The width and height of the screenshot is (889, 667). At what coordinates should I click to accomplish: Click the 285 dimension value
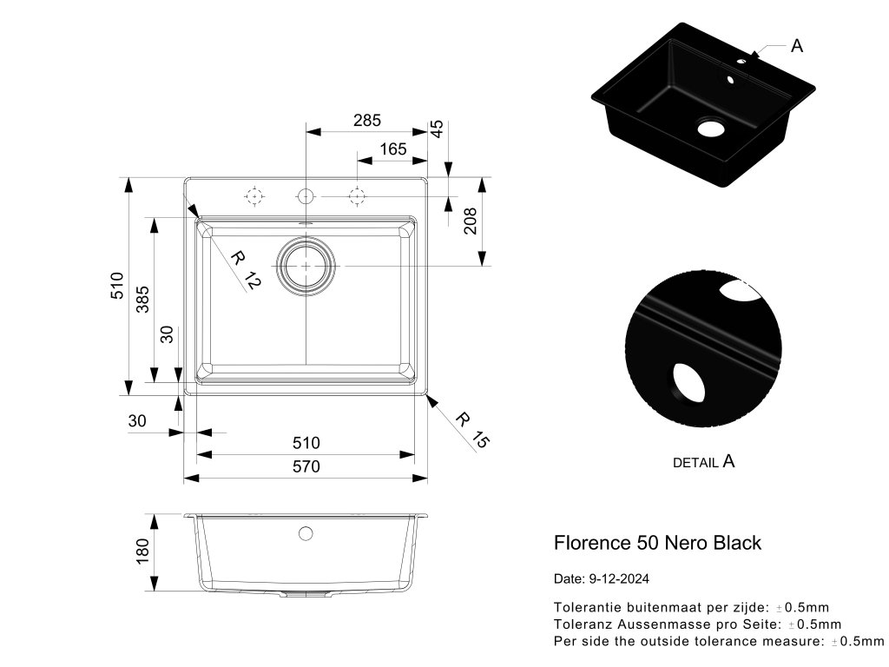point(367,120)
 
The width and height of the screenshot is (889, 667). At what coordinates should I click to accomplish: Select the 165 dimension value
point(392,149)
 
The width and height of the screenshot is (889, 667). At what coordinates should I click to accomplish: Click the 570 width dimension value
point(306,466)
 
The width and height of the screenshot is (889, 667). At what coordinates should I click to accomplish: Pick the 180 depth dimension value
point(143,549)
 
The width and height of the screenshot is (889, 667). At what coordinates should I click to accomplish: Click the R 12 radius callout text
point(245,269)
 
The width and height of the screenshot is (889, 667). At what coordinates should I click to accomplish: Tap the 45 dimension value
point(438,129)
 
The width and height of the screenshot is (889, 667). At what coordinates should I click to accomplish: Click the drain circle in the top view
point(306,264)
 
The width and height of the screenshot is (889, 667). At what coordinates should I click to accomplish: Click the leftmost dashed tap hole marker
point(254,197)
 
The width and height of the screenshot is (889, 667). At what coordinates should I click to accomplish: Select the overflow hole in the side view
point(306,532)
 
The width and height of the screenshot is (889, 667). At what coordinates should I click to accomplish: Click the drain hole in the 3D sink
point(710,129)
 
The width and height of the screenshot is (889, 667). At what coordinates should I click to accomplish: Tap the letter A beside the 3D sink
point(797,46)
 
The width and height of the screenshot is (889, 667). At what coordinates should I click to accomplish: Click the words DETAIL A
point(704,462)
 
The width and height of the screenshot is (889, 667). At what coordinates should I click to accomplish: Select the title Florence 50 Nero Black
point(657,543)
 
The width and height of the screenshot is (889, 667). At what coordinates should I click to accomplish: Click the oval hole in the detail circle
point(686,383)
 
